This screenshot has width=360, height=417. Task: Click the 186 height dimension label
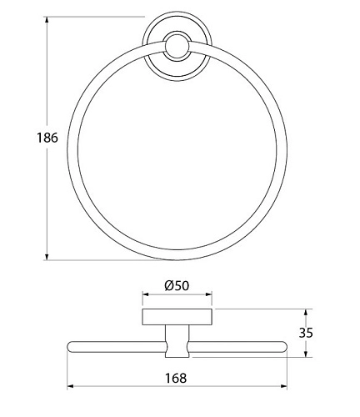coord(47,138)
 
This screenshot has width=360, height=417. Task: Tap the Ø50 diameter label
coord(177,285)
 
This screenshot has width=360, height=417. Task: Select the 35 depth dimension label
coord(306,333)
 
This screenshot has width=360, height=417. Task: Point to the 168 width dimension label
coord(176,378)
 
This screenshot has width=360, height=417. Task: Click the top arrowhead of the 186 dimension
coord(47,20)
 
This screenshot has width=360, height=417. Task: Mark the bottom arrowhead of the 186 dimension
coord(47,257)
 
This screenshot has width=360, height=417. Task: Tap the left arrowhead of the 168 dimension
coord(71,386)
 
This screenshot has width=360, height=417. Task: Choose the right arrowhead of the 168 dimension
coord(283,386)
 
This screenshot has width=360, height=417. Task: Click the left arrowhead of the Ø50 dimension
coord(146,294)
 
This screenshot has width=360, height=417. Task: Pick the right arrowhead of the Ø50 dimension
coord(208,294)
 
